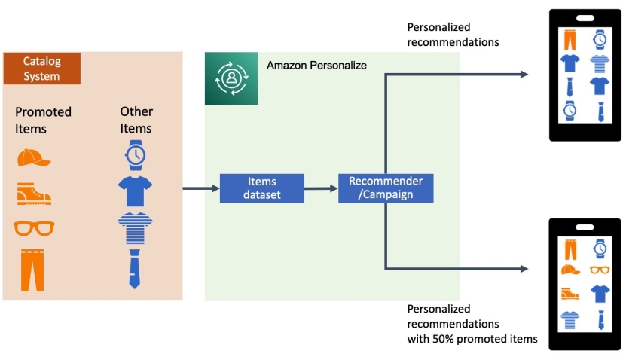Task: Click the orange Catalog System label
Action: tap(41, 69)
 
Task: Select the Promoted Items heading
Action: tap(43, 120)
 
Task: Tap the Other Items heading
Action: tap(136, 120)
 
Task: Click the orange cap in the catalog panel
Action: tap(33, 157)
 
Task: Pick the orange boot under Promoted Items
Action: tap(34, 194)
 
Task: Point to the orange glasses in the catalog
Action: tap(34, 227)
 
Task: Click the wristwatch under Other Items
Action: tap(136, 154)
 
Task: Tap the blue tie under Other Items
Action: tap(135, 268)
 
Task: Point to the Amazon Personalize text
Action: tap(316, 66)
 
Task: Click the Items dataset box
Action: tap(261, 188)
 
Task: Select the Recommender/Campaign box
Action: tap(386, 188)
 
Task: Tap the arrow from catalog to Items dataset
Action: tap(200, 188)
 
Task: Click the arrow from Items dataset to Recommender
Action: tap(321, 188)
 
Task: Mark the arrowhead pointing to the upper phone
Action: tap(524, 74)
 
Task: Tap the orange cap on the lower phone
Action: tap(570, 269)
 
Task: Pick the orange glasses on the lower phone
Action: tap(600, 270)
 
